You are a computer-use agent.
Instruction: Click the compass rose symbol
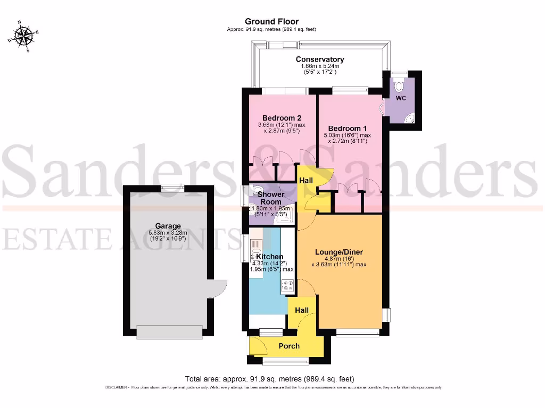[x=23, y=36]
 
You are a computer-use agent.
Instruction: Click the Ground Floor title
[x=271, y=21]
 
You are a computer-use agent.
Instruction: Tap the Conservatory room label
[x=320, y=59]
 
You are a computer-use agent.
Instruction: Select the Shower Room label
[x=271, y=198]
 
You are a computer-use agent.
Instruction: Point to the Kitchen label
[x=269, y=257]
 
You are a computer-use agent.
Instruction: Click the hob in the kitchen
[x=288, y=287]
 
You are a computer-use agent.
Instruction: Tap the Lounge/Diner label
[x=340, y=252]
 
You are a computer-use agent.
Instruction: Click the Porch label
[x=289, y=346]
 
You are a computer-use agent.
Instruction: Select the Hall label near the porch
[x=301, y=310]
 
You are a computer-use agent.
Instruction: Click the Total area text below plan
[x=269, y=379]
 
